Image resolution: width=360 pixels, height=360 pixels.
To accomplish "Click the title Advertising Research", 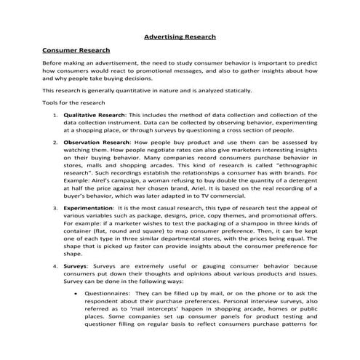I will (180, 36).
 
